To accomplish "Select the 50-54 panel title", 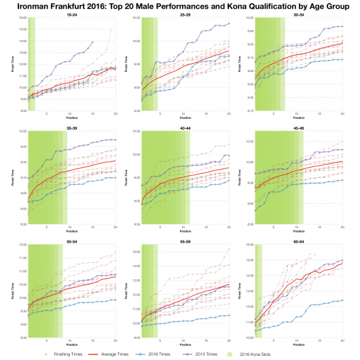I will pyautogui.click(x=71, y=240).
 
